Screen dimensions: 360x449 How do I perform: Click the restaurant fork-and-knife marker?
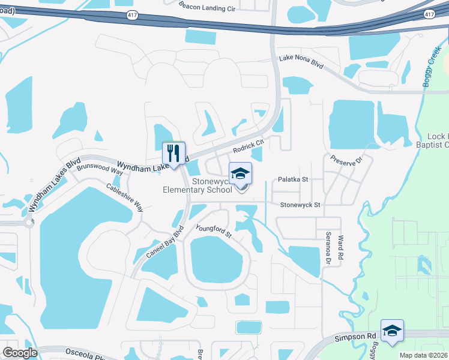coord(174,153)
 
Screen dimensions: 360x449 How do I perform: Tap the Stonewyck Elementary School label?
coord(197,185)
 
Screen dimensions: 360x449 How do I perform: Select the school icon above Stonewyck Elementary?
coord(241,174)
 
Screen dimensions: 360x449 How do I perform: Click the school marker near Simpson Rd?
coord(392,331)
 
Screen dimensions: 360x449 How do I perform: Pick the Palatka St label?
coord(292,179)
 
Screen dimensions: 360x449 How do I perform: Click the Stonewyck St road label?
coord(301,205)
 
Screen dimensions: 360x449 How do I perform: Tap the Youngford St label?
coord(214,230)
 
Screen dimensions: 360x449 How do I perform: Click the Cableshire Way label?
coord(125,197)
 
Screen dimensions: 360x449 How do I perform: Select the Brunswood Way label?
coord(100,167)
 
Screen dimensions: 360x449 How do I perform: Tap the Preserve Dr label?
coord(348,160)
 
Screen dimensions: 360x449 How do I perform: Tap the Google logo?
coord(20,353)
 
